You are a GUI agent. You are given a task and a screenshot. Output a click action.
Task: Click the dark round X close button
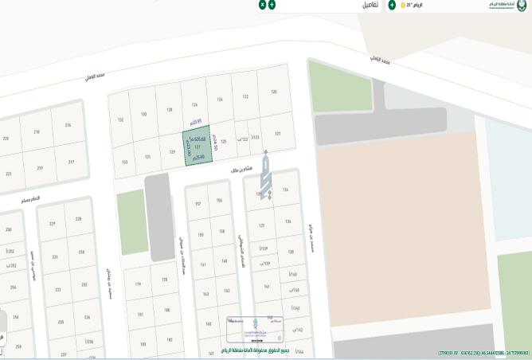coord(262,5)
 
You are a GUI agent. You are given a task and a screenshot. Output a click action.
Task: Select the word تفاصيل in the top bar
coord(370,5)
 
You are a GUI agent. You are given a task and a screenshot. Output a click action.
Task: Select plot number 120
coord(274,92)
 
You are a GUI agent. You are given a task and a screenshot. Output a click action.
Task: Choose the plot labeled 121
coord(277,134)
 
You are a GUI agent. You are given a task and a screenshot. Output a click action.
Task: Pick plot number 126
coord(194,104)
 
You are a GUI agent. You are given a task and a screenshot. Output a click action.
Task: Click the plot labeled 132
coord(120,120)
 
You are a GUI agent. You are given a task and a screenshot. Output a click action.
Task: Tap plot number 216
coord(68,125)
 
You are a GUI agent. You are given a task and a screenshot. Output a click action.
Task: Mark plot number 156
coord(219,201)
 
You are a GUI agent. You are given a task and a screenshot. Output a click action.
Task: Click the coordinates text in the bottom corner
coord(483,352)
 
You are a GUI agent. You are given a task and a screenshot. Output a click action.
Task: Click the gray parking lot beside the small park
coord(158,215)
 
